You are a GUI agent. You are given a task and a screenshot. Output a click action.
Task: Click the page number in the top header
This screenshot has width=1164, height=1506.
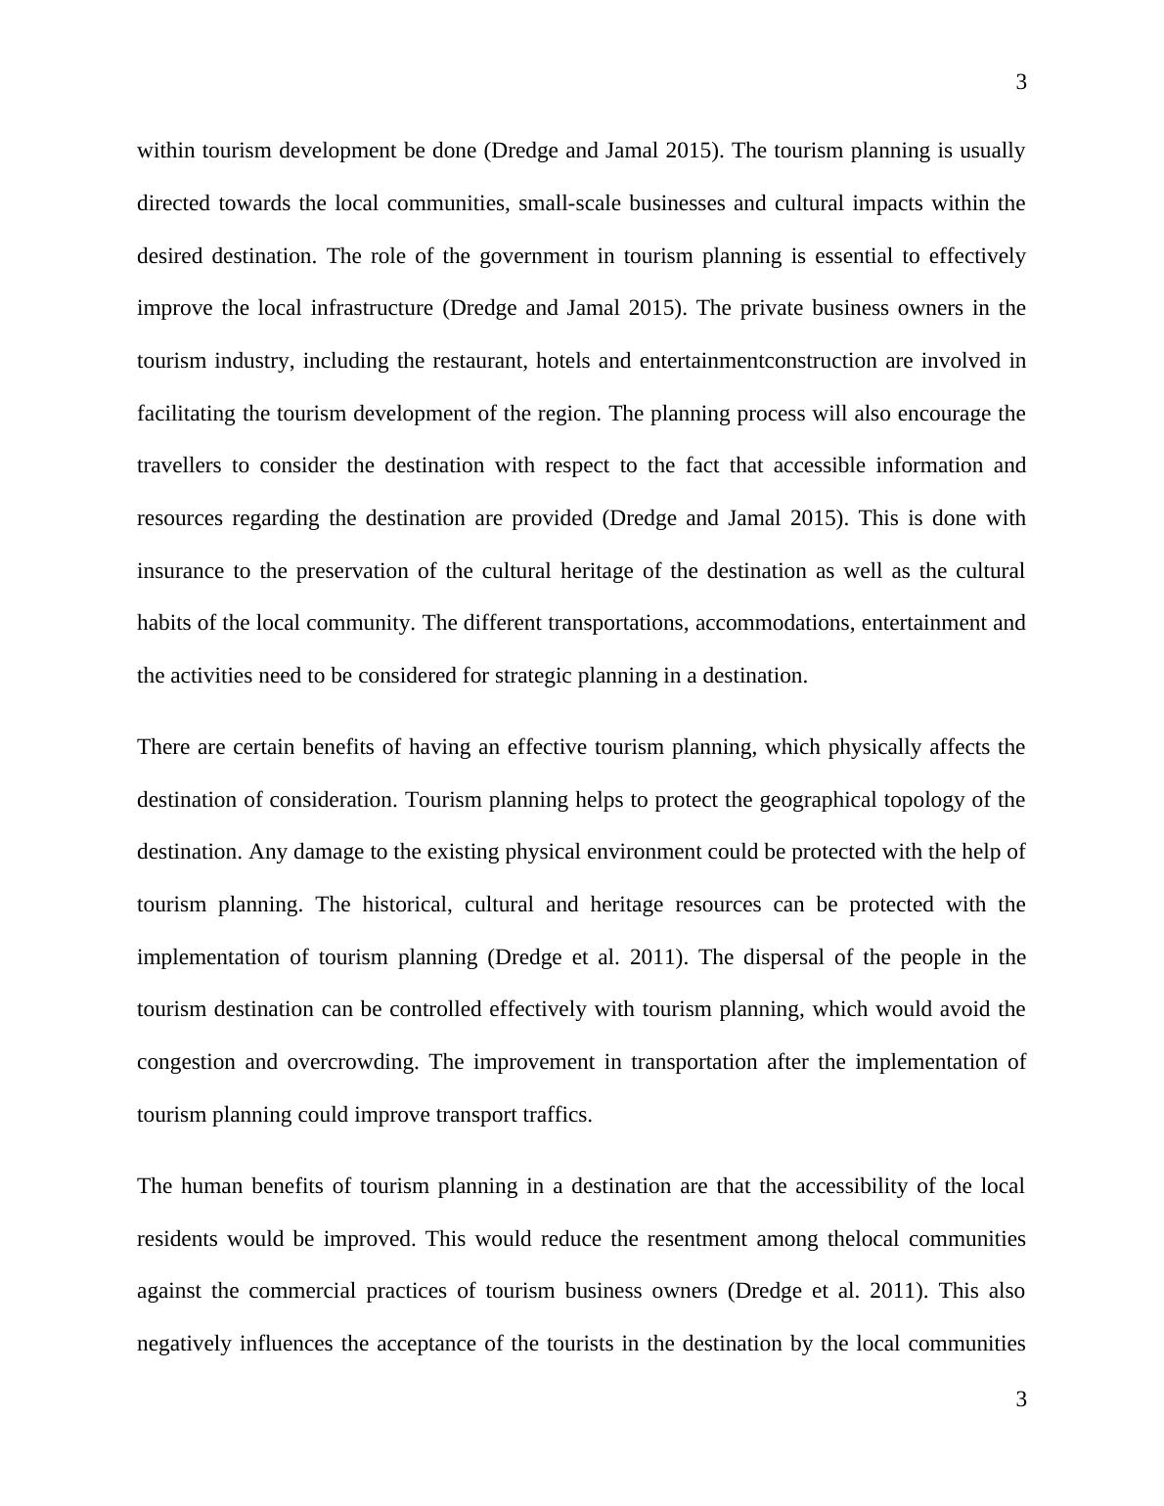[1021, 83]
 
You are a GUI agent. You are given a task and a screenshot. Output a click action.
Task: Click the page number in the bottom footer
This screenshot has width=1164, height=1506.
[1021, 1400]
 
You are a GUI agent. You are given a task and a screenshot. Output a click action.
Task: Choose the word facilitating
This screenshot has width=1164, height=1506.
[186, 414]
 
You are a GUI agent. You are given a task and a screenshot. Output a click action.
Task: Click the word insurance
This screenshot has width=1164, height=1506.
[180, 571]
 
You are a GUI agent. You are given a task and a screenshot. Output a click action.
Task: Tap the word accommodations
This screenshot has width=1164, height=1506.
[774, 624]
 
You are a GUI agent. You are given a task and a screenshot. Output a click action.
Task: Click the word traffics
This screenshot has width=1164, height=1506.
[555, 1116]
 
